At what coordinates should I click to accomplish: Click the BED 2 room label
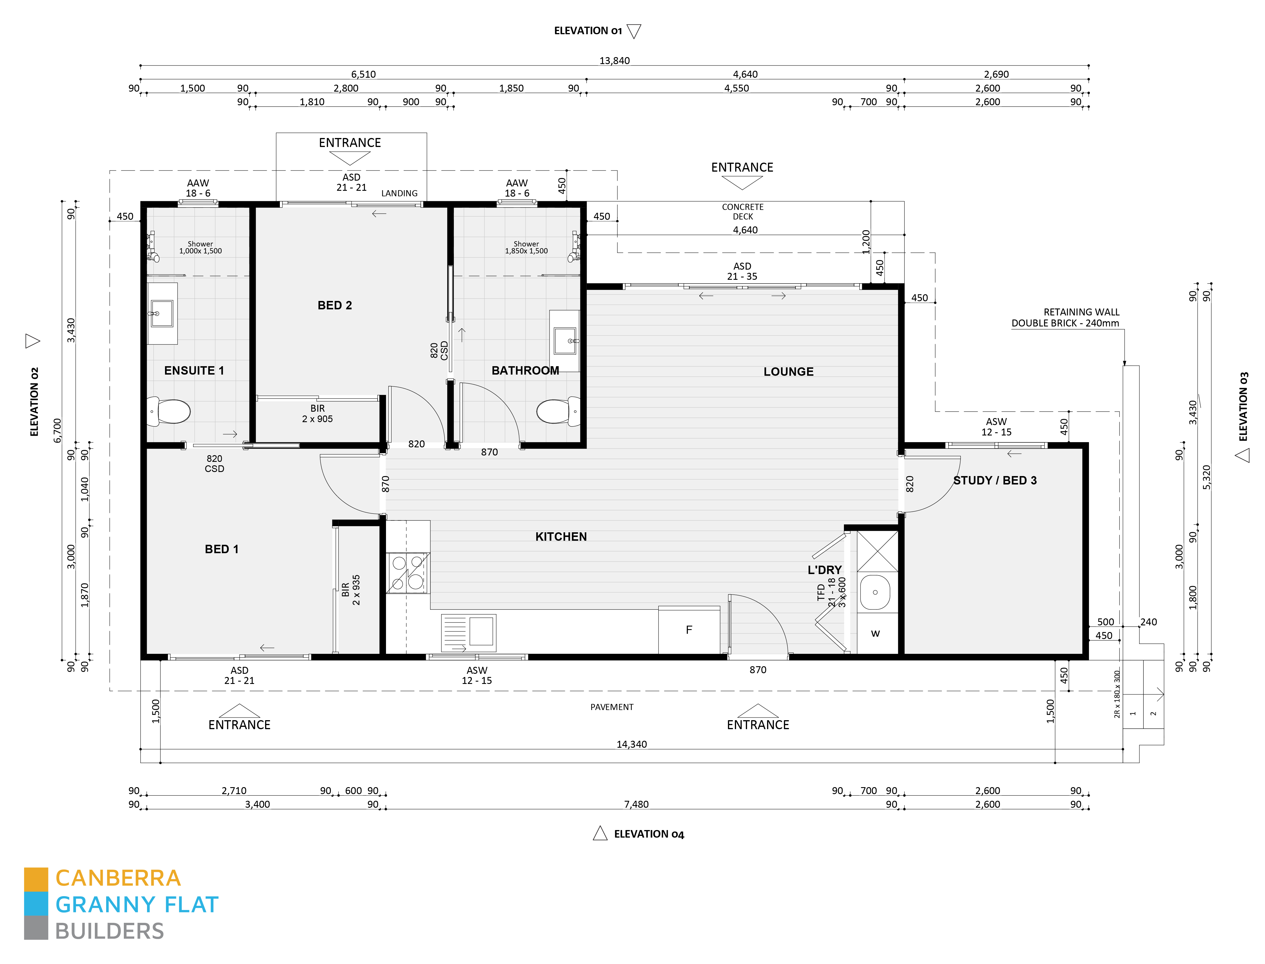pyautogui.click(x=335, y=305)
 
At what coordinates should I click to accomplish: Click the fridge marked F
pyautogui.click(x=689, y=629)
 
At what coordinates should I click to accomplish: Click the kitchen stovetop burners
pyautogui.click(x=407, y=573)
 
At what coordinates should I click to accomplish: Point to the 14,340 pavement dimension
pyautogui.click(x=631, y=744)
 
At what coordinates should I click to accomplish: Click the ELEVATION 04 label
pyautogui.click(x=648, y=834)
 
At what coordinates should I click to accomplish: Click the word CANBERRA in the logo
pyautogui.click(x=118, y=878)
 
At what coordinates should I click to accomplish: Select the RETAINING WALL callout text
pyautogui.click(x=1065, y=317)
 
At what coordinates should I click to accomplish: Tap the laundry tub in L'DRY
pyautogui.click(x=875, y=592)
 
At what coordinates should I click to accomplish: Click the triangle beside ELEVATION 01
pyautogui.click(x=634, y=31)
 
